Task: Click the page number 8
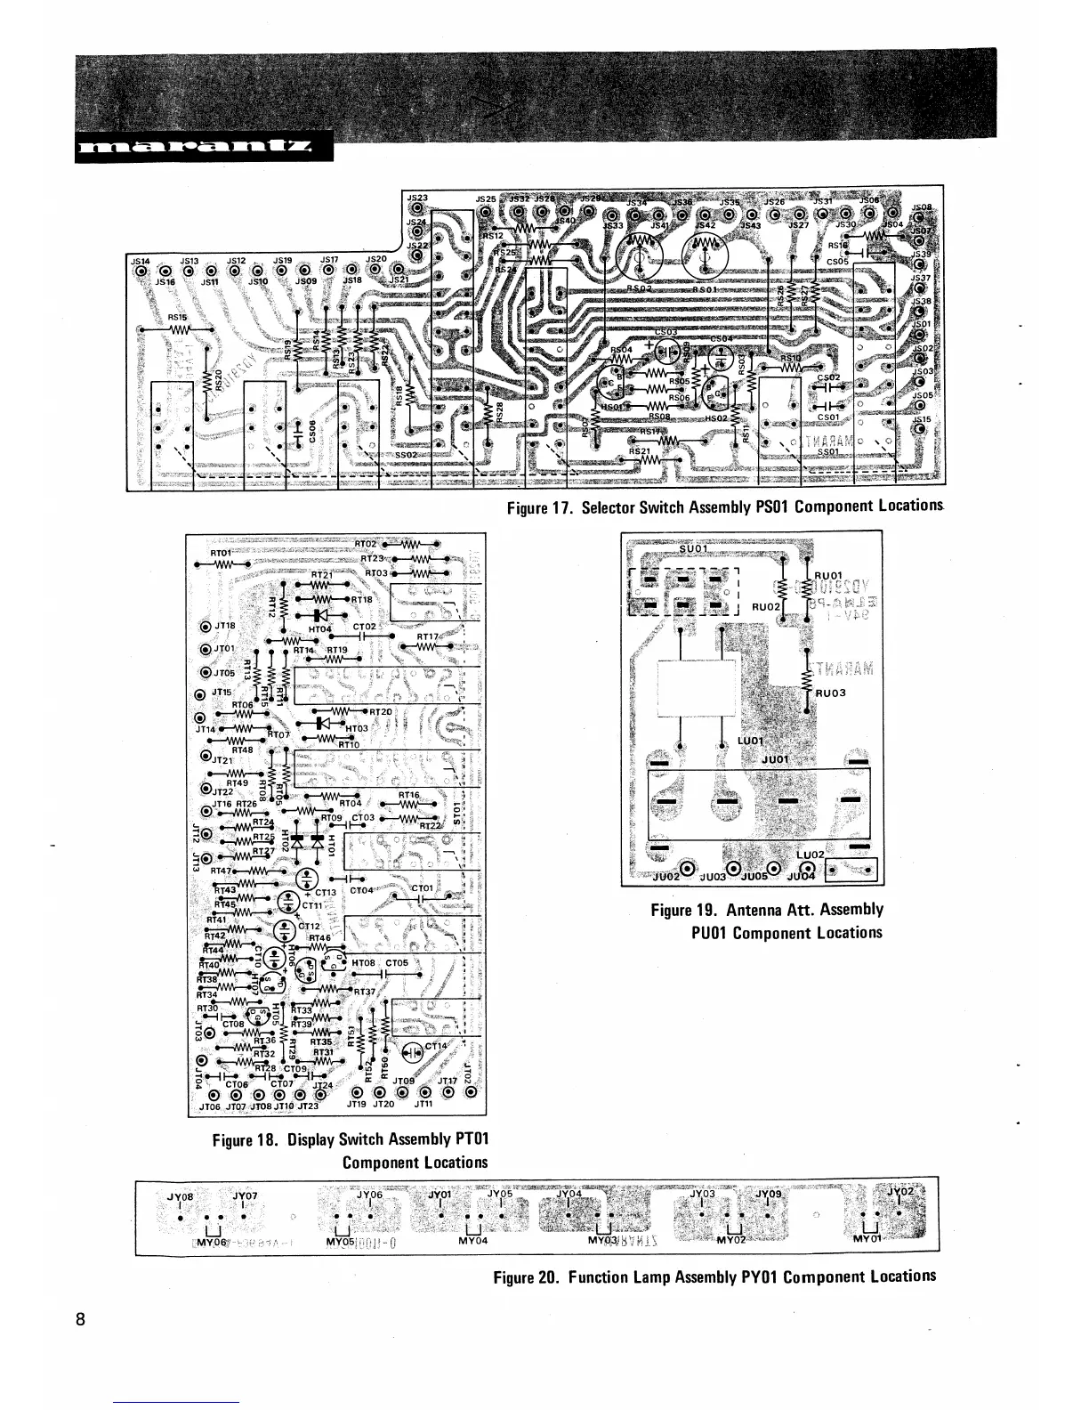coord(80,1319)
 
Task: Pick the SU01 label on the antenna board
coord(693,547)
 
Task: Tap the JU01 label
coord(776,759)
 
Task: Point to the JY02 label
coord(900,1192)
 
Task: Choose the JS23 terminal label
coord(416,198)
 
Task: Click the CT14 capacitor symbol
coord(412,1050)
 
